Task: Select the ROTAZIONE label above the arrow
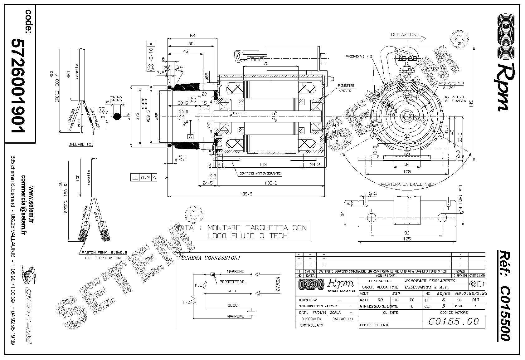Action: [405, 35]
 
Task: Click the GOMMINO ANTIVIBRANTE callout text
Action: [260, 173]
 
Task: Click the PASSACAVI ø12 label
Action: [359, 57]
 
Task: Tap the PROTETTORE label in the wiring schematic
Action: [232, 282]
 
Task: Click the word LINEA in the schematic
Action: [278, 284]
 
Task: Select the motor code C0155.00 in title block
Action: [454, 321]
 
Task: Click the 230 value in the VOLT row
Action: [396, 293]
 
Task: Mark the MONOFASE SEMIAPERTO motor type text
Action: [429, 281]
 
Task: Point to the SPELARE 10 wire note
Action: [80, 145]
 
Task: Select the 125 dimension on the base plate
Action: [407, 239]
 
